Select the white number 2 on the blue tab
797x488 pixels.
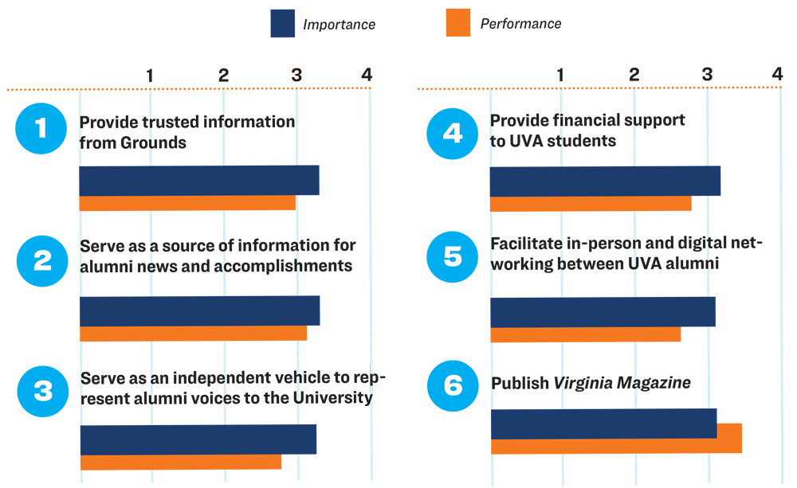coord(42,261)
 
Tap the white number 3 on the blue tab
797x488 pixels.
coord(42,392)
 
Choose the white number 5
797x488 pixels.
coord(453,258)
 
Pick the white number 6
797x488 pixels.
coord(453,386)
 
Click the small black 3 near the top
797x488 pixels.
coord(296,76)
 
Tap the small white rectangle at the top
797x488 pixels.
coord(388,32)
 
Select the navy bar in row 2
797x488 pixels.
coord(199,310)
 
